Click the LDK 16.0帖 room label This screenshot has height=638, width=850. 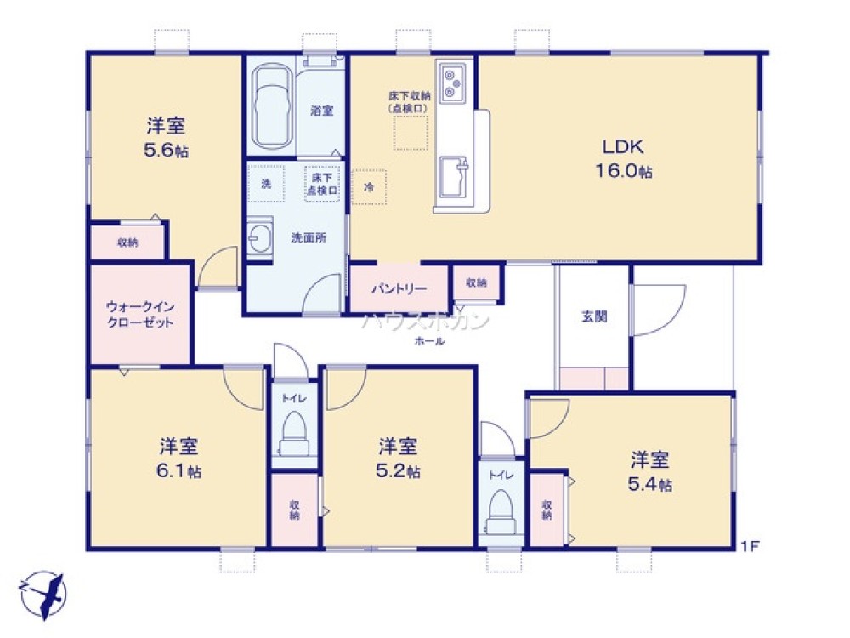tap(628, 157)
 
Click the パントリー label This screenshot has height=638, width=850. tap(399, 288)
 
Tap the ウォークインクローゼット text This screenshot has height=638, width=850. tap(140, 314)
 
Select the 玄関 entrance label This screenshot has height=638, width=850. tap(592, 316)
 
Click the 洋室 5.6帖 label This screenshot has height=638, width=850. tap(166, 138)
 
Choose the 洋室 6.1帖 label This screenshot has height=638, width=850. tap(179, 458)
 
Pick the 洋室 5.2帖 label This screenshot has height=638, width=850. tap(398, 458)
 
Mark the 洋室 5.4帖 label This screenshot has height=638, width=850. tap(650, 472)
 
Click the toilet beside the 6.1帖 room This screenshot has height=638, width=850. tap(294, 430)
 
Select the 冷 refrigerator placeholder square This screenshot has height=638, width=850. tap(369, 186)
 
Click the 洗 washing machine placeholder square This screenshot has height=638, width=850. tap(266, 185)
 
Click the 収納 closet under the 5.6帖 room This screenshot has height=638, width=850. tap(128, 242)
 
